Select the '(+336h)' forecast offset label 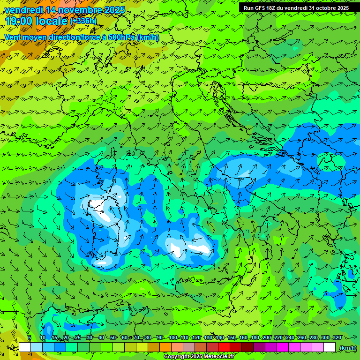[x=83, y=21]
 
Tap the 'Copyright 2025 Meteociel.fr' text [x=199, y=357]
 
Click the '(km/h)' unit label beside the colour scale [x=348, y=348]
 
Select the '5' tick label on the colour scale [x=30, y=337]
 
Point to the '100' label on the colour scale [x=173, y=337]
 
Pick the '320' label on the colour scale [x=337, y=337]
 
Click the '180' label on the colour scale [x=255, y=337]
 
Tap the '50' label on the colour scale [x=113, y=337]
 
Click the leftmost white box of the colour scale [x=25, y=347]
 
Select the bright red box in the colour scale [x=224, y=347]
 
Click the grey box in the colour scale [x=189, y=347]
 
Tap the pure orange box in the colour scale [x=165, y=347]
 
